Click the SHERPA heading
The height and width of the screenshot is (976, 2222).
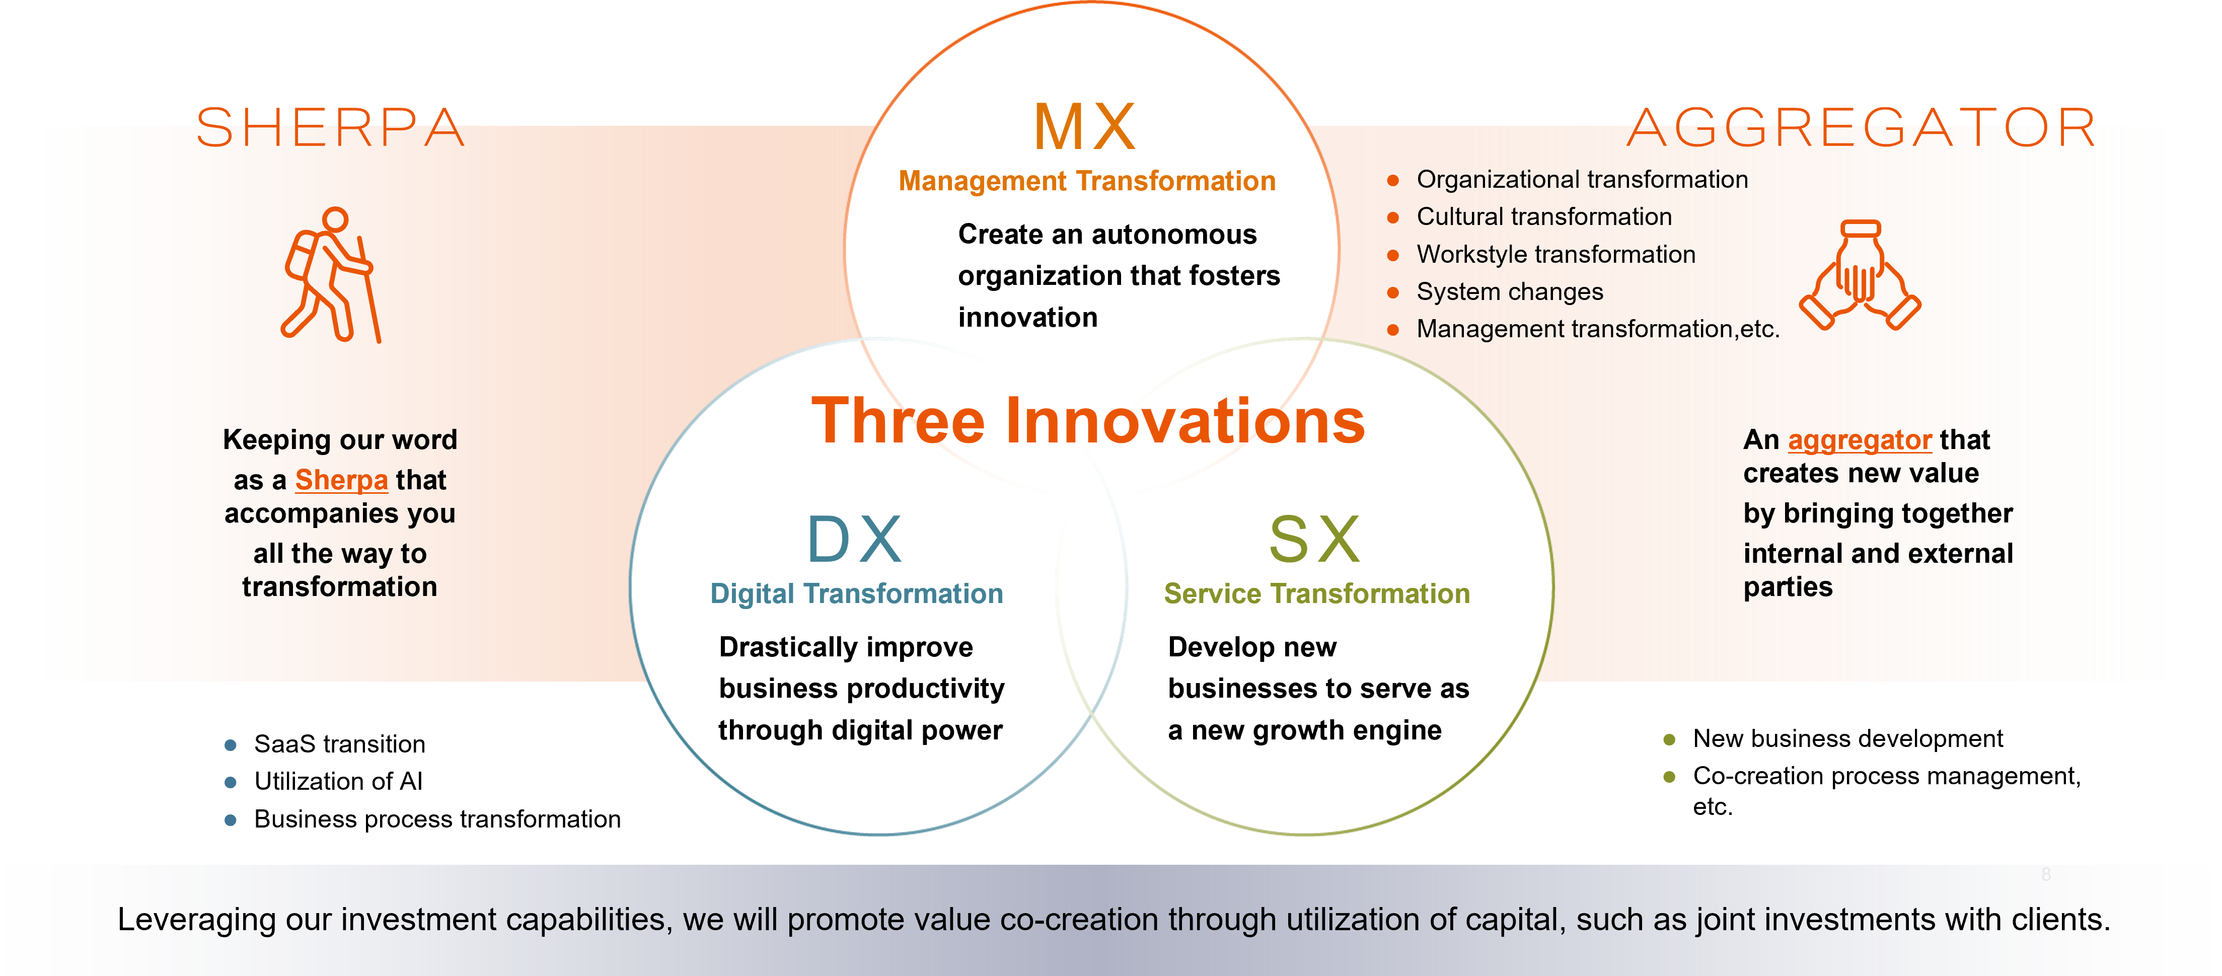pyautogui.click(x=330, y=128)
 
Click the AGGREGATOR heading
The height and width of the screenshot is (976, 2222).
pyautogui.click(x=1862, y=128)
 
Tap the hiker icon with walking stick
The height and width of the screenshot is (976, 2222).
pyautogui.click(x=331, y=275)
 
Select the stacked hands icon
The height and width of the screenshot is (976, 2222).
pyautogui.click(x=1860, y=274)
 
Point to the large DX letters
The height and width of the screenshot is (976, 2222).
pyautogui.click(x=854, y=539)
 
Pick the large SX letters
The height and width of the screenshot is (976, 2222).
pyautogui.click(x=1314, y=539)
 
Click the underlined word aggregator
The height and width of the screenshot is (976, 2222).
pyautogui.click(x=1860, y=440)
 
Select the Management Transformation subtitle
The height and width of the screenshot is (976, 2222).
pyautogui.click(x=1087, y=181)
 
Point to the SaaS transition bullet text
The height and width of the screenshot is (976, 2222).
pyautogui.click(x=340, y=743)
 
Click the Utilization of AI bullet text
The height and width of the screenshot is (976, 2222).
pyautogui.click(x=338, y=781)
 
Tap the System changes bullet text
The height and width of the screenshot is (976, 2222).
pyautogui.click(x=1510, y=291)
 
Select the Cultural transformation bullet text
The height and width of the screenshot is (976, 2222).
pyautogui.click(x=1544, y=216)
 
